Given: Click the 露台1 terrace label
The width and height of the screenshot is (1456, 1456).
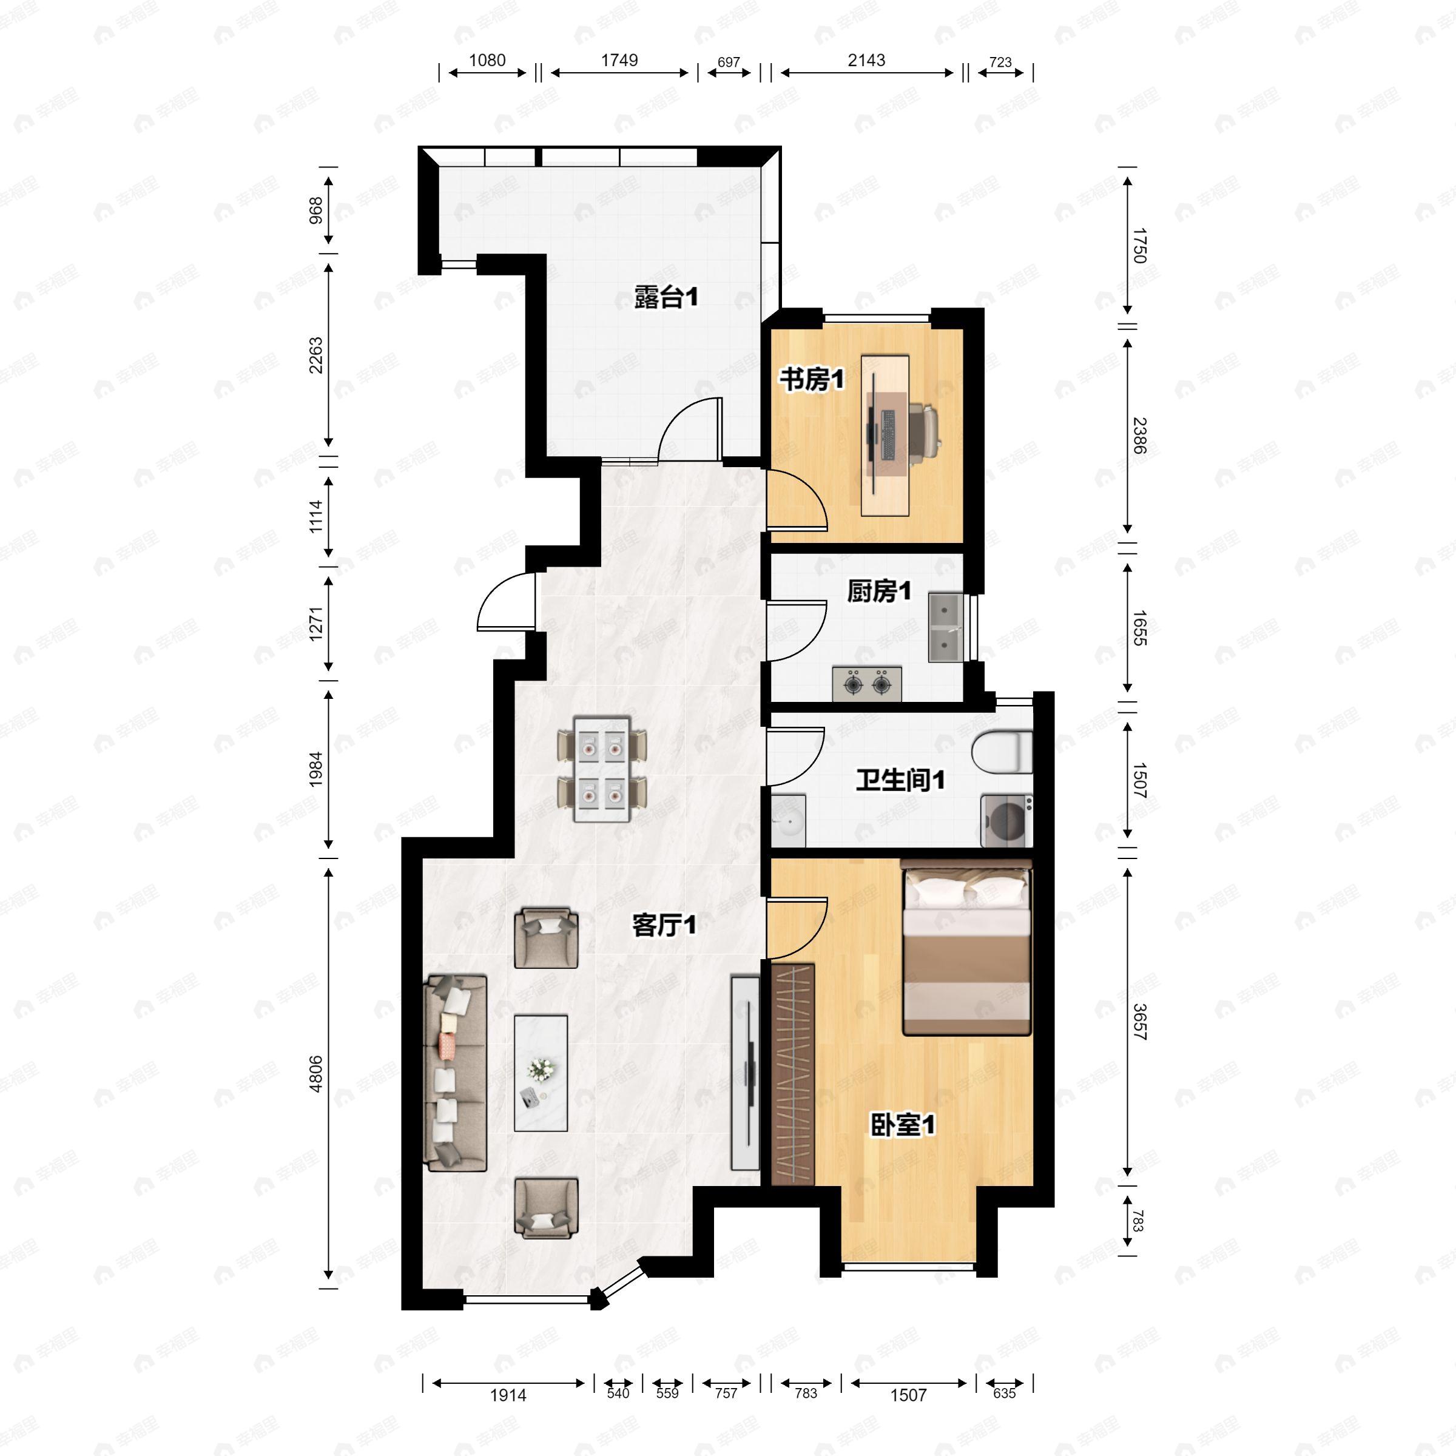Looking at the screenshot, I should (x=666, y=298).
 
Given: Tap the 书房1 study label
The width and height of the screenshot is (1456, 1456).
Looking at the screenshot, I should (x=812, y=379).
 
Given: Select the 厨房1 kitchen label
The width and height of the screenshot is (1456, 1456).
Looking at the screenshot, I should (x=878, y=591).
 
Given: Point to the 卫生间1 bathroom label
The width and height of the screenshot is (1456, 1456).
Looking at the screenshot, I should (x=900, y=780).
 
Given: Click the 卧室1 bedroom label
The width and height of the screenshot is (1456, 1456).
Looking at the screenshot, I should (x=902, y=1125).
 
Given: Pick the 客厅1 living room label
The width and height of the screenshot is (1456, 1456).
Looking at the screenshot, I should (x=663, y=925).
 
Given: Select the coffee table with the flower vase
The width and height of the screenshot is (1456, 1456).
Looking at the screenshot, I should (x=541, y=1073).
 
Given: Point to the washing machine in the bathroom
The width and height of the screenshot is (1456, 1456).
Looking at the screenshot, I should (x=1006, y=821).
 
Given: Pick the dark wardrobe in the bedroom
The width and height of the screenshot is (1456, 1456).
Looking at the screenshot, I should (x=793, y=1073).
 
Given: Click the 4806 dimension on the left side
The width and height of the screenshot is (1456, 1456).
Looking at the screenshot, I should (x=315, y=1074).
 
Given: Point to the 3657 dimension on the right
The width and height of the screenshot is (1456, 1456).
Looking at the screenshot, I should (x=1139, y=1022).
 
